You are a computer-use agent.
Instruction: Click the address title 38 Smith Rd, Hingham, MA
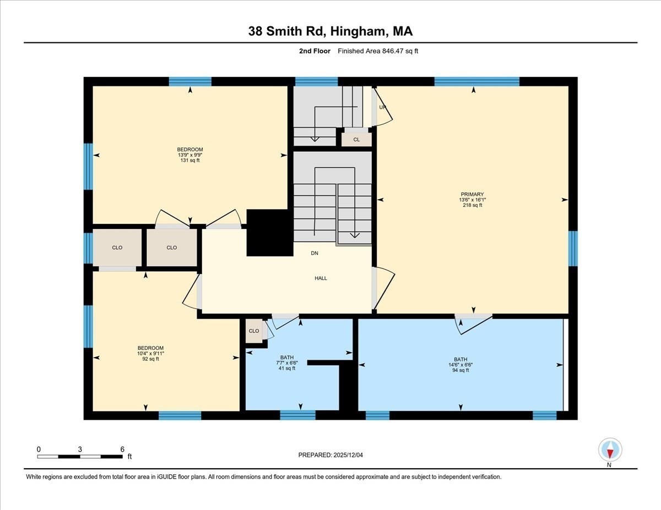tap(330, 31)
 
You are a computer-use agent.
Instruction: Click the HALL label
tap(321, 278)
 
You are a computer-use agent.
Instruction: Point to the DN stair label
tap(315, 253)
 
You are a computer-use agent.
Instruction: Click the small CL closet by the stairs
tap(356, 140)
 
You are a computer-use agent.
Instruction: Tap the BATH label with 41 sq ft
tap(286, 363)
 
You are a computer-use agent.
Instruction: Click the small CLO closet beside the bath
tap(254, 331)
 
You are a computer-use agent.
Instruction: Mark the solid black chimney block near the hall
tap(269, 233)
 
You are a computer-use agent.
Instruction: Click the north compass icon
tap(610, 449)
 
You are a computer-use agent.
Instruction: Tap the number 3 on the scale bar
tap(80, 449)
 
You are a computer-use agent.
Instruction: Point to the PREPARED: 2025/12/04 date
tap(330, 455)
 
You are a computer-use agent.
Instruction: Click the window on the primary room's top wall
tap(476, 81)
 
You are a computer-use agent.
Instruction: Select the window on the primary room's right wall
tap(573, 248)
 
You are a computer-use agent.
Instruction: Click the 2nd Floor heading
tap(311, 51)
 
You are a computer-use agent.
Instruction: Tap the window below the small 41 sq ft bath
tap(297, 415)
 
